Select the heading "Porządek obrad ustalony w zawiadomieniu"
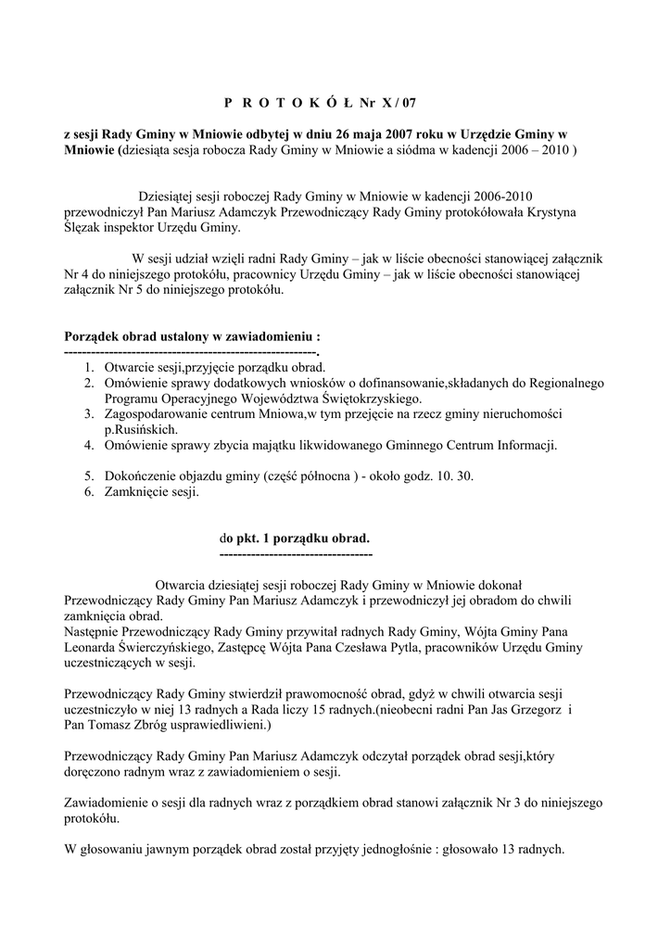click(x=191, y=336)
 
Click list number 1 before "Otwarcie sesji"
click(x=88, y=368)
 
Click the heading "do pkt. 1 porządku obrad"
click(x=294, y=538)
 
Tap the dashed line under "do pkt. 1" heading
click(x=296, y=553)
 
